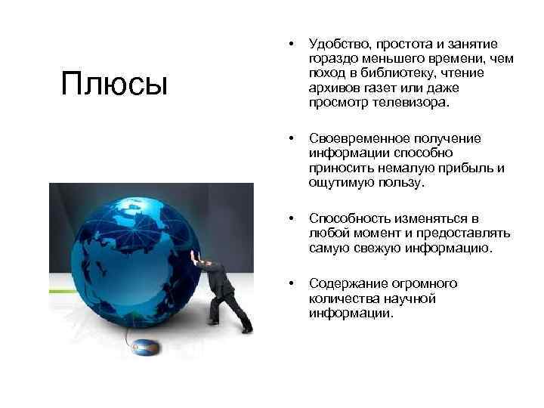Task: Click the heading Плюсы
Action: coord(114,83)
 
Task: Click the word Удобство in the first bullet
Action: coord(336,44)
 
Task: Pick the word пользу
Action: coord(402,182)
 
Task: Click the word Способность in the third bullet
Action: coord(345,218)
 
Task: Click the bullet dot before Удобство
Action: coord(291,44)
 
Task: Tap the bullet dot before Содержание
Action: coord(291,283)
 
